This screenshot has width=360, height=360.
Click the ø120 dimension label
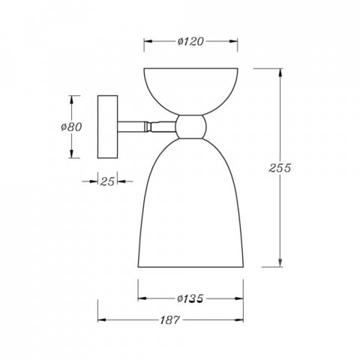[x=190, y=41]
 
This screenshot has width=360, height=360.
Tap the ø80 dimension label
[x=71, y=127]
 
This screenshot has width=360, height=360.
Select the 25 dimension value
[x=107, y=181]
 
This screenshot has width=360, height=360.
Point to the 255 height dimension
[x=280, y=168]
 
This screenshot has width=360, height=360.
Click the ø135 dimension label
[x=190, y=298]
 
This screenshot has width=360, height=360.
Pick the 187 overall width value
[x=170, y=320]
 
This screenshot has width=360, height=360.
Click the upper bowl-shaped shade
[x=190, y=91]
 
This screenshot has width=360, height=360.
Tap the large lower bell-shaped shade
[x=190, y=202]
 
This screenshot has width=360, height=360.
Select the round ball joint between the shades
[x=191, y=127]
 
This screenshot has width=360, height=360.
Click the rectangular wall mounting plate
[x=107, y=127]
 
